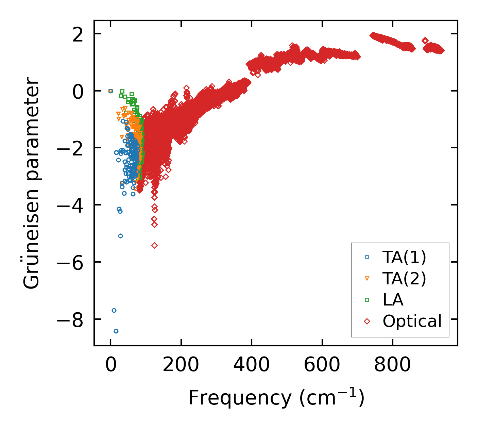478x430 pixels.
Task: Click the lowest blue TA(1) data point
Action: click(x=116, y=331)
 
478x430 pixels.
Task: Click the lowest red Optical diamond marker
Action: click(x=154, y=245)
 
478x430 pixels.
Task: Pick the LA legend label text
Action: click(x=393, y=300)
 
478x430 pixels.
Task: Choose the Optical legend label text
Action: click(x=412, y=321)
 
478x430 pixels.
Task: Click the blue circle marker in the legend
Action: click(x=367, y=257)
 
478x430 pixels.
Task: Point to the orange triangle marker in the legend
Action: click(x=367, y=279)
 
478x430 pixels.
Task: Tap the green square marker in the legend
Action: click(x=367, y=300)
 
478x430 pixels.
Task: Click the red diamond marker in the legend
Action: click(x=367, y=321)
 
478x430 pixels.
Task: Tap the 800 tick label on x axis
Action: click(x=392, y=365)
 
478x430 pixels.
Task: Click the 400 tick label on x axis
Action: click(x=251, y=365)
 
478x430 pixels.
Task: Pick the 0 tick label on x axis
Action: click(x=110, y=365)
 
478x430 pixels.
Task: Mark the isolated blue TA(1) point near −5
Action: click(x=120, y=236)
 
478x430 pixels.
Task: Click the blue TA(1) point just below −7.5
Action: click(x=114, y=310)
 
